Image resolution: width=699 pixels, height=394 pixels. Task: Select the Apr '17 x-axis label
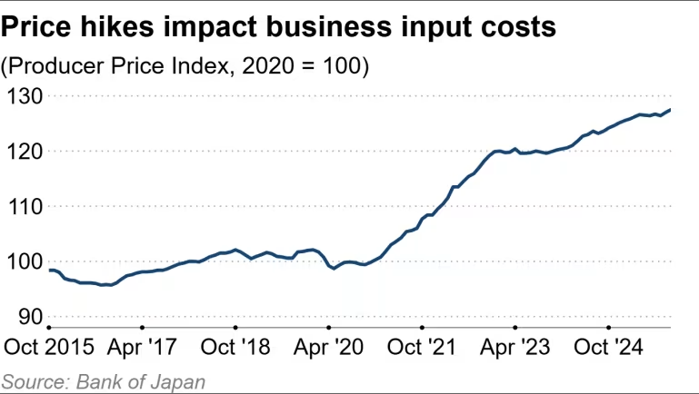tap(142, 349)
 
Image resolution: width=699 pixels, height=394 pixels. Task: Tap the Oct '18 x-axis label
tap(235, 349)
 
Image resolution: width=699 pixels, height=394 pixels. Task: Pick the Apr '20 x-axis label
tap(328, 349)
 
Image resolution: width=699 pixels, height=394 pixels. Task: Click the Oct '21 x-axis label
tap(422, 349)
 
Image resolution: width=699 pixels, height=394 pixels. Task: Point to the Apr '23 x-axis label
tap(514, 349)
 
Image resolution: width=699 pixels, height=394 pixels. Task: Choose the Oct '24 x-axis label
tap(608, 349)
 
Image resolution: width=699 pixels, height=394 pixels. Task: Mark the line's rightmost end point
tap(671, 110)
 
